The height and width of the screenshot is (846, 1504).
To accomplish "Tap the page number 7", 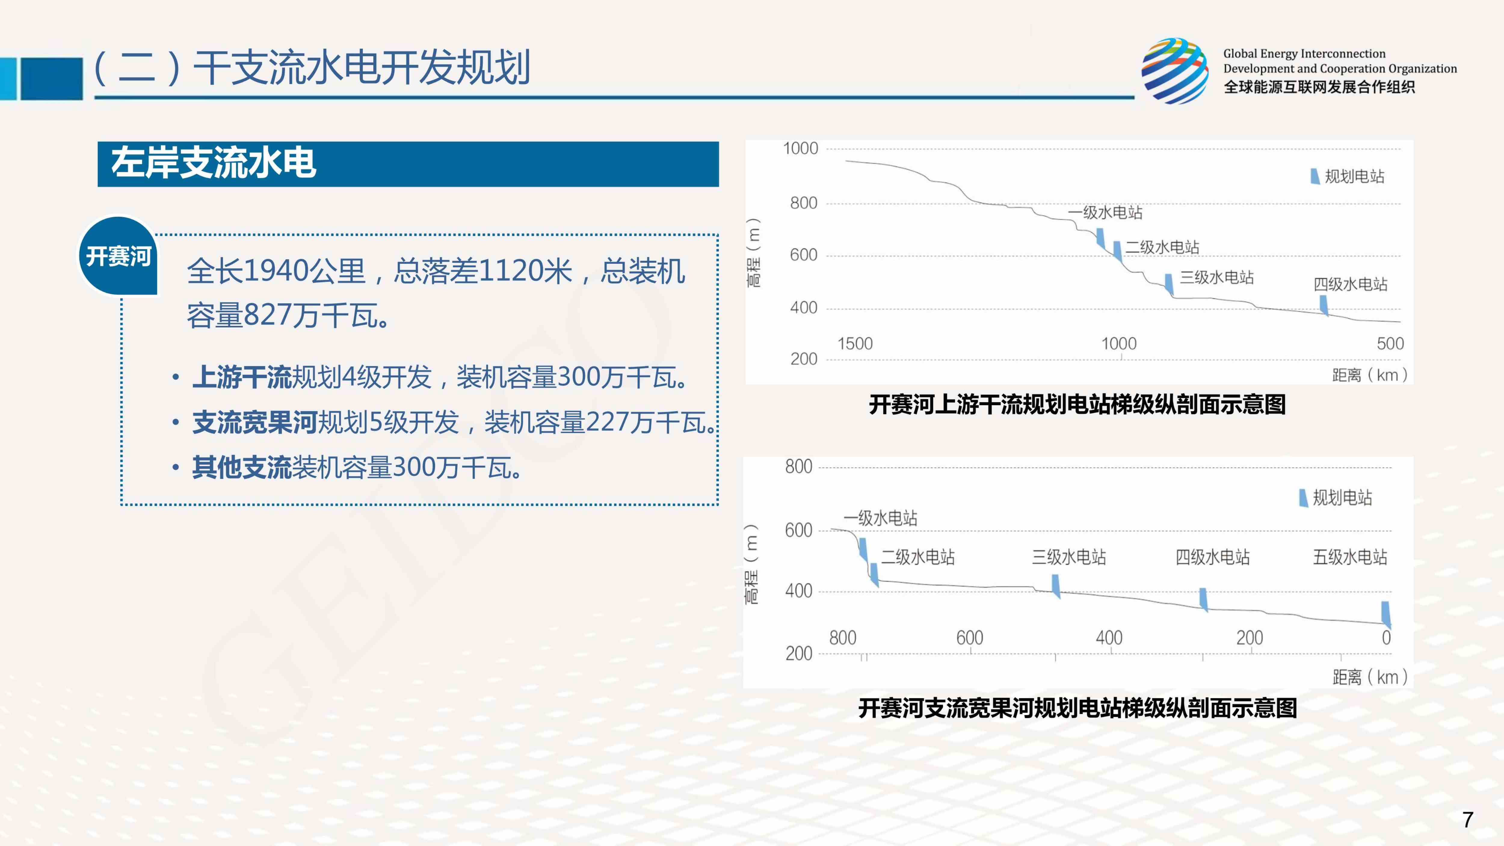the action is [x=1468, y=820].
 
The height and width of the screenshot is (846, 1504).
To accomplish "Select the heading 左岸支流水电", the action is [x=214, y=163].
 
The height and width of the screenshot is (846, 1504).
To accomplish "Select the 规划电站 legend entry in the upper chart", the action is [x=1348, y=176].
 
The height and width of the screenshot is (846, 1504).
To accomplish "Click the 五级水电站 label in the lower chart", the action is [x=1350, y=557].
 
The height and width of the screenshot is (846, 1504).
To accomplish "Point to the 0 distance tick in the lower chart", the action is [x=1386, y=638].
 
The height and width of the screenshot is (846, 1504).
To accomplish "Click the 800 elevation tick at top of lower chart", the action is [x=798, y=467].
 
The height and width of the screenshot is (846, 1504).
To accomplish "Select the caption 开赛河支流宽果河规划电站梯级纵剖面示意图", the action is [x=1077, y=708].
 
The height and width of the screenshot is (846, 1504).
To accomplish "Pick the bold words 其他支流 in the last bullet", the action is [x=242, y=468].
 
